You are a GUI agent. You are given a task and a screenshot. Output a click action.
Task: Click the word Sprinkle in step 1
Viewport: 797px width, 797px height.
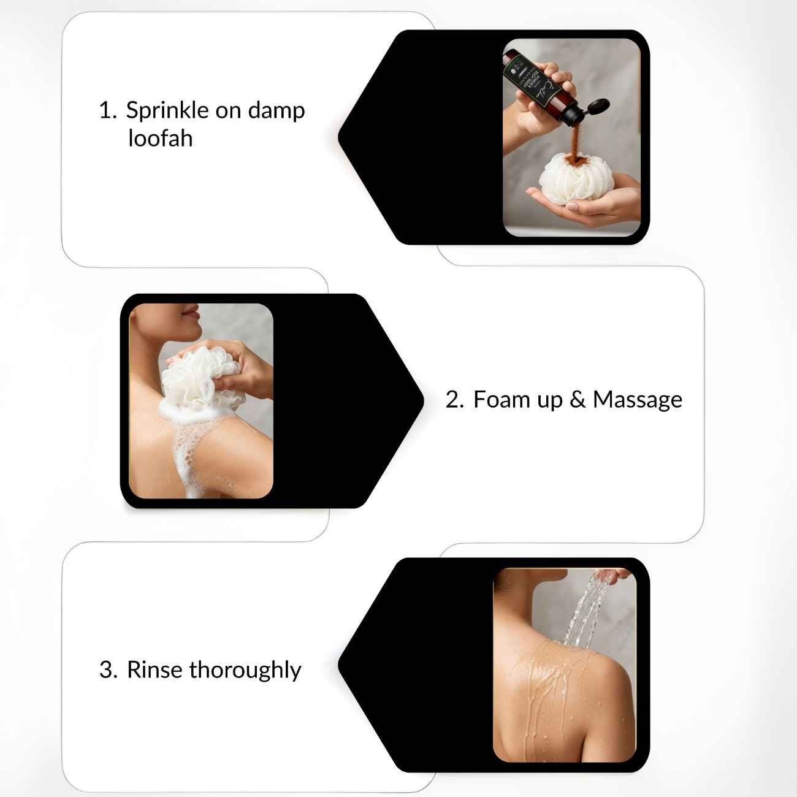(x=167, y=111)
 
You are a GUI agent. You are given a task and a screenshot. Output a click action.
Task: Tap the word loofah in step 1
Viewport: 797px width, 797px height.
(x=160, y=139)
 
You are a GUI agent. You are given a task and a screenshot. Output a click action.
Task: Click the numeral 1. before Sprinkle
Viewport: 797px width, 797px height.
(x=107, y=111)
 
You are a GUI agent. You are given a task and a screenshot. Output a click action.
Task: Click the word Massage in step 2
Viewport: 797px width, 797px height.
(x=637, y=399)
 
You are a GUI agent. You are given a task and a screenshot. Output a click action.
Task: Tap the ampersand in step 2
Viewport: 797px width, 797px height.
(x=577, y=399)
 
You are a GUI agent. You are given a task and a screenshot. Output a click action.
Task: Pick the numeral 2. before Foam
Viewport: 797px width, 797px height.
(x=454, y=399)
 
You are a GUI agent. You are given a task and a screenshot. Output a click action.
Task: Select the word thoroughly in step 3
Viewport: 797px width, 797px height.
(x=245, y=670)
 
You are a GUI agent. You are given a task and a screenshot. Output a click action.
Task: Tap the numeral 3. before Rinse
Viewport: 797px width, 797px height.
(x=108, y=669)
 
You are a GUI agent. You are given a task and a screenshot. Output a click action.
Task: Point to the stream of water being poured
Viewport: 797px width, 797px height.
(x=579, y=613)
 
